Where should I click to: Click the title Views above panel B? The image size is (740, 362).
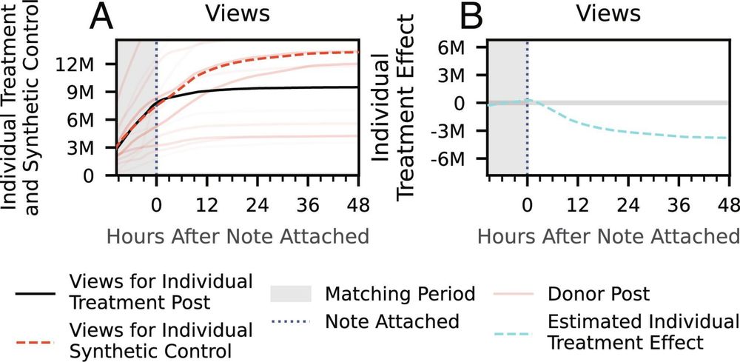point(608,14)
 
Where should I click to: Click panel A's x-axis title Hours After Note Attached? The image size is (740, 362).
point(238,236)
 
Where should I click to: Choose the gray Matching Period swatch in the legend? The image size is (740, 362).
point(293,294)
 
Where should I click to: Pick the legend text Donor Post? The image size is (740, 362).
point(599,294)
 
